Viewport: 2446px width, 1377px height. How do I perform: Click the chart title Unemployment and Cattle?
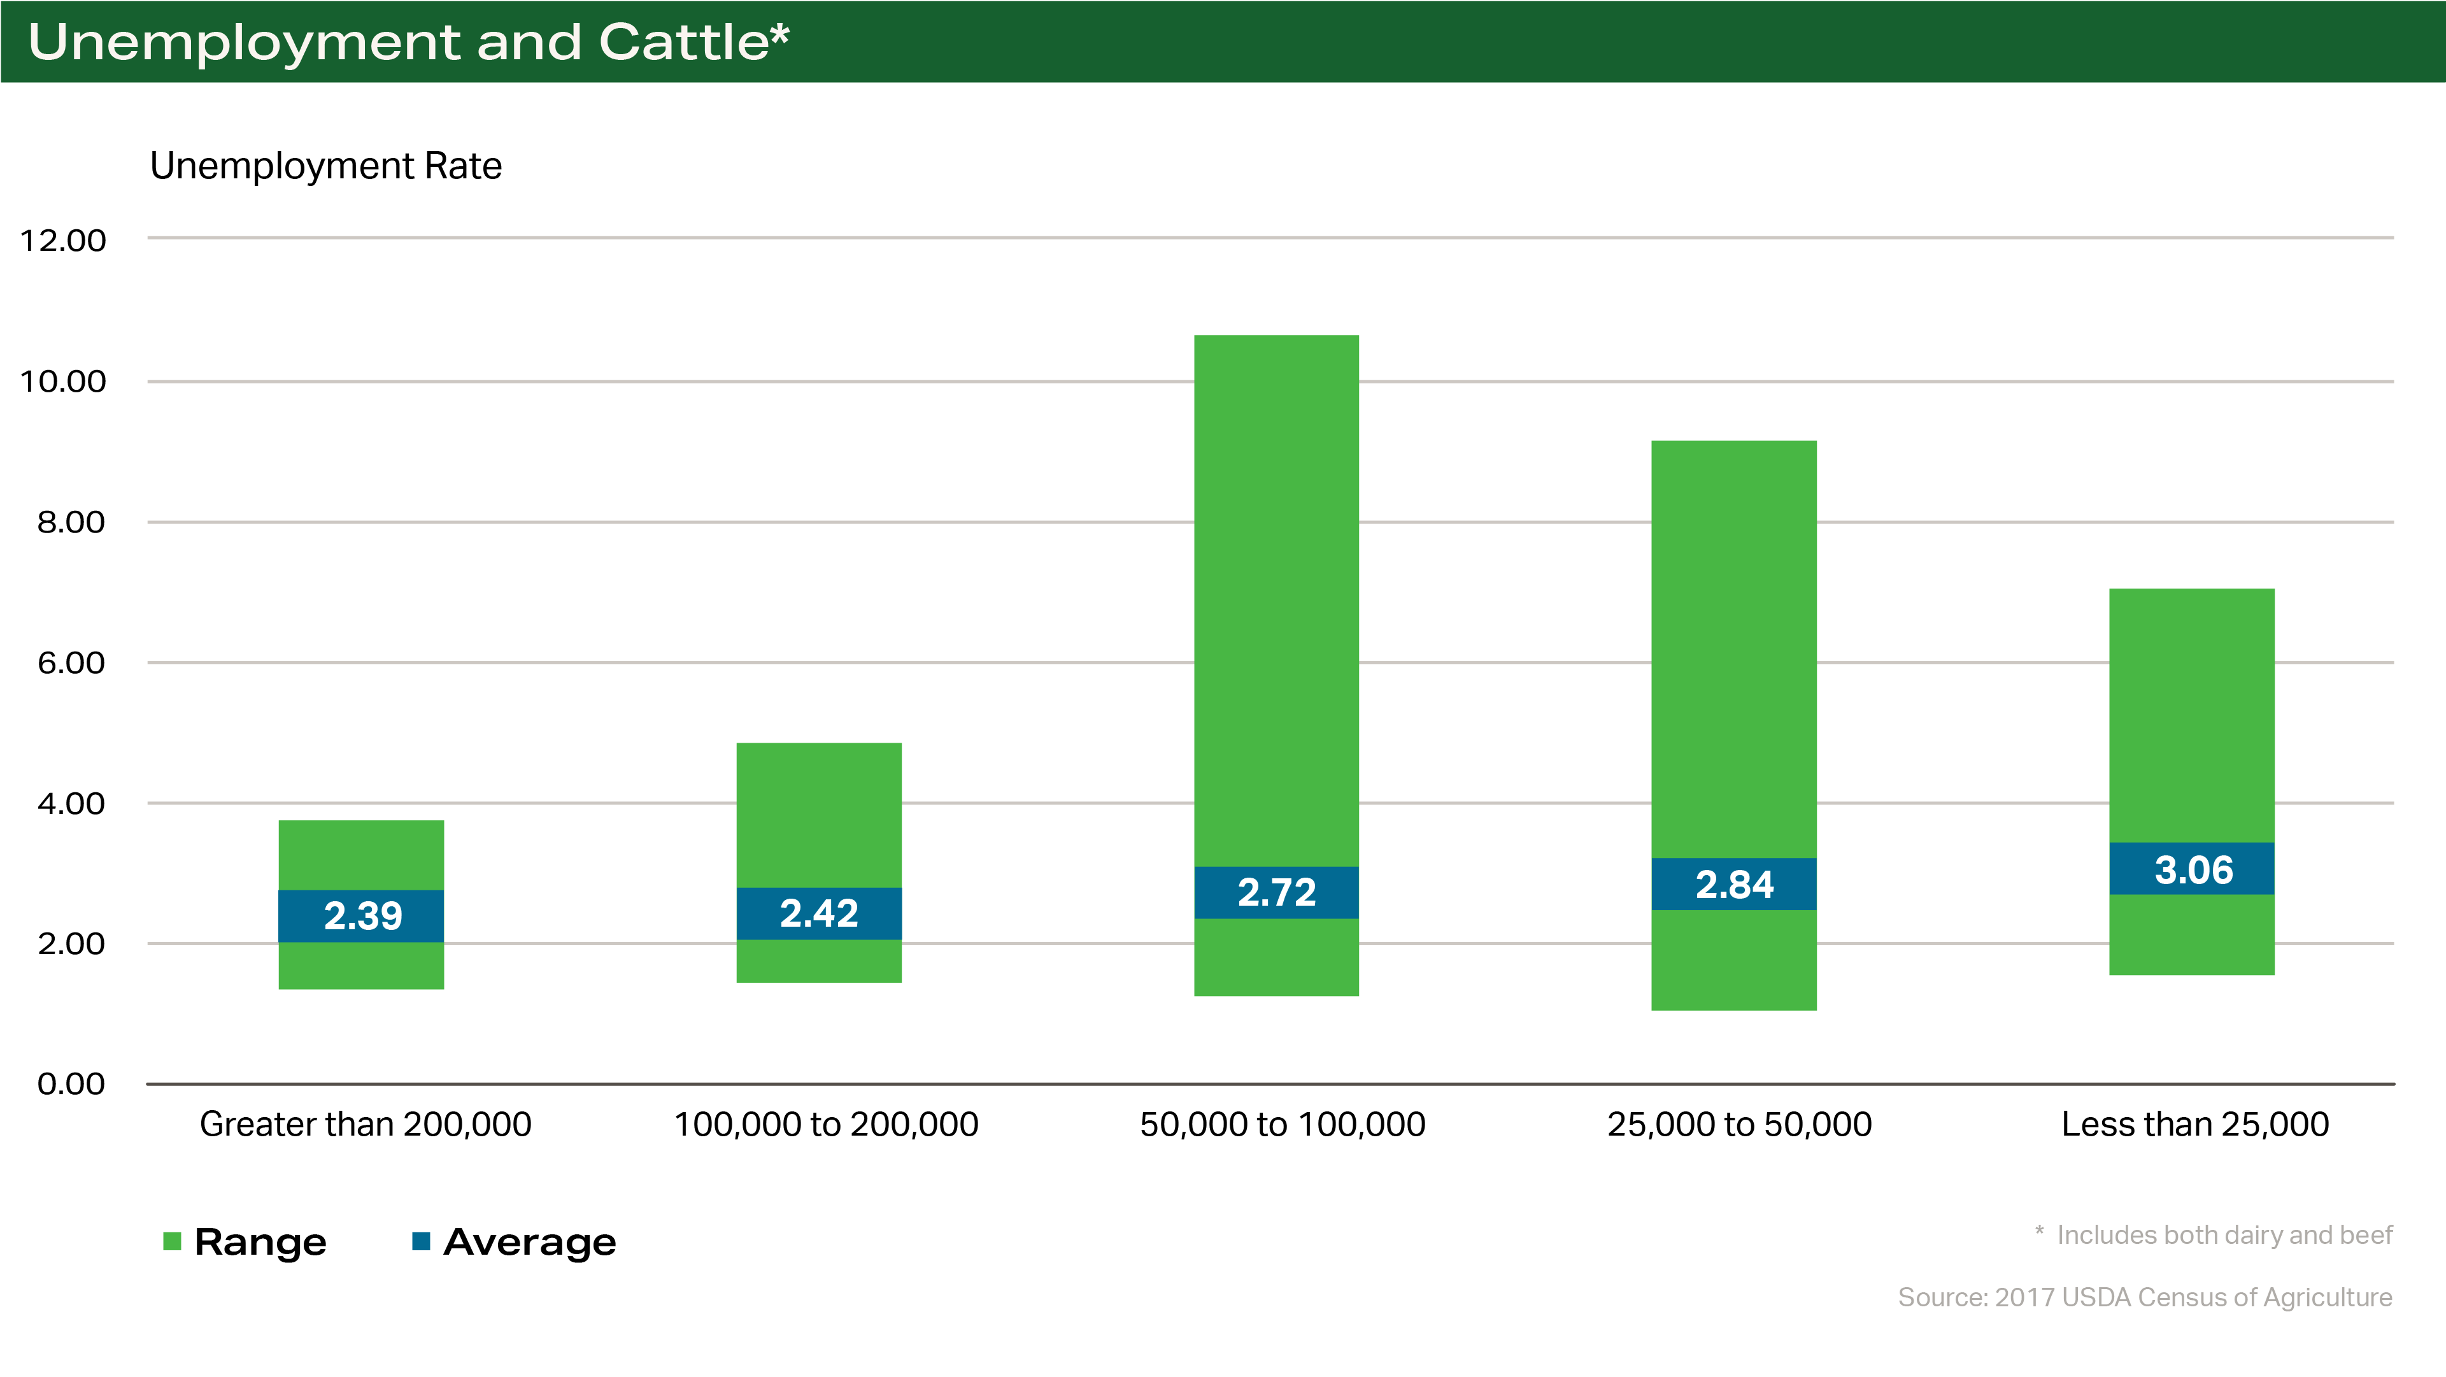click(x=408, y=42)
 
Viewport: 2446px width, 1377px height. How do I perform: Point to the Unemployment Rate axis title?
click(x=325, y=166)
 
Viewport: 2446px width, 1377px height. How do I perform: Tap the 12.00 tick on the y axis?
click(x=62, y=240)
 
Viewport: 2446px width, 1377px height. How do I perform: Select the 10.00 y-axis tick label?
click(x=62, y=382)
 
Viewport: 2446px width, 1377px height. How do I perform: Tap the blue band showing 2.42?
click(x=818, y=913)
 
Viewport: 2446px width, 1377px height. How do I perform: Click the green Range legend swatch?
click(x=172, y=1241)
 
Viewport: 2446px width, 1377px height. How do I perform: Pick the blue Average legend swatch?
click(x=421, y=1241)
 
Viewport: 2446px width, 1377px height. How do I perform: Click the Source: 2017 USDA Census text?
click(x=2144, y=1298)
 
